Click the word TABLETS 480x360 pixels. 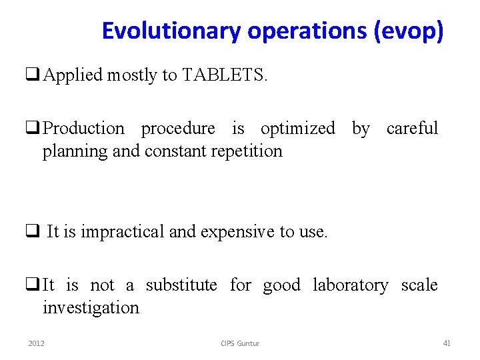225,75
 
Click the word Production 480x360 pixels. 83,128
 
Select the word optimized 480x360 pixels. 297,128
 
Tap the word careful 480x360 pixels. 412,128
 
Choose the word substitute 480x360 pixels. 181,285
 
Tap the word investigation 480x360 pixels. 91,308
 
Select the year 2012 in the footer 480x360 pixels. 37,343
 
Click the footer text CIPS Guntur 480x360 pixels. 240,343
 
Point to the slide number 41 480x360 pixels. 447,343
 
